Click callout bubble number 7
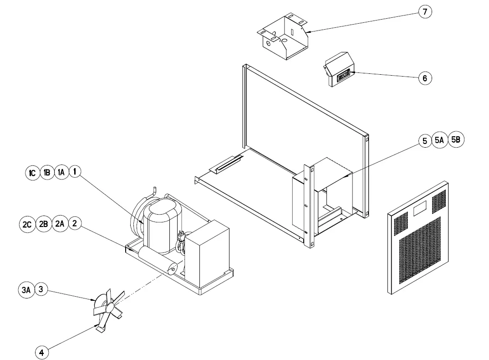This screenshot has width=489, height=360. [425, 12]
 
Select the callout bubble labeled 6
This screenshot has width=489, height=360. [425, 78]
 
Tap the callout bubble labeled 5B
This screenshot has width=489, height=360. [456, 140]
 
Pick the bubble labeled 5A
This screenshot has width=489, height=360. [439, 141]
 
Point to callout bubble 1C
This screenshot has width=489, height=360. [32, 173]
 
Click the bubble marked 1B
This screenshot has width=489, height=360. [46, 173]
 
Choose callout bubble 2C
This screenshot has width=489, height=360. [27, 224]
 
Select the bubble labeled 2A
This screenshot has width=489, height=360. [60, 224]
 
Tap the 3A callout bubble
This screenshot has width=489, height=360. [27, 290]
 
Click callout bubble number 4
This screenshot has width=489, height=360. [41, 352]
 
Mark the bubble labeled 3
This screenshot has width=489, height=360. [41, 289]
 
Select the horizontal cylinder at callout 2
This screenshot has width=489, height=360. [157, 261]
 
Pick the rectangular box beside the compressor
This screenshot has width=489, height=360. [207, 253]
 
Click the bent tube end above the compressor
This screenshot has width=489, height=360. [154, 189]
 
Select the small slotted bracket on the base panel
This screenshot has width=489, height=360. [226, 163]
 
